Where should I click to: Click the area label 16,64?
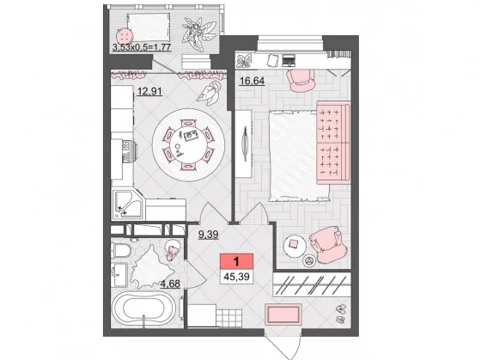pos(253,81)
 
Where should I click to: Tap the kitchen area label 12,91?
pos(149,91)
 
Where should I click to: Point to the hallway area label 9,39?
pos(208,235)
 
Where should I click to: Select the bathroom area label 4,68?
pos(170,284)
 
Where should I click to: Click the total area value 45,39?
pos(236,277)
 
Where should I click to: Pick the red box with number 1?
pos(236,262)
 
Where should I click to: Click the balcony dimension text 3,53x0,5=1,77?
pos(142,47)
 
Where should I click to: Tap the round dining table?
pos(189,144)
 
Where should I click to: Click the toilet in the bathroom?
pos(121,249)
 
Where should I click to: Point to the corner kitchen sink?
pos(127,204)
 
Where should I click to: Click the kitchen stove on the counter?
pos(129,150)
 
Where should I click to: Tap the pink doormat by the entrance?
pos(283,314)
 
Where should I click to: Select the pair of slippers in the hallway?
pos(340,313)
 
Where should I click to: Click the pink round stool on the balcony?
pos(125,37)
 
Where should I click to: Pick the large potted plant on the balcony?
pos(198,34)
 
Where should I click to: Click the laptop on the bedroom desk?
pos(289,60)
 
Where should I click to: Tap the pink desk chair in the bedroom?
pos(301,81)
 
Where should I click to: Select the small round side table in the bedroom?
pos(295,246)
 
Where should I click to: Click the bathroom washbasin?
pos(119,275)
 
